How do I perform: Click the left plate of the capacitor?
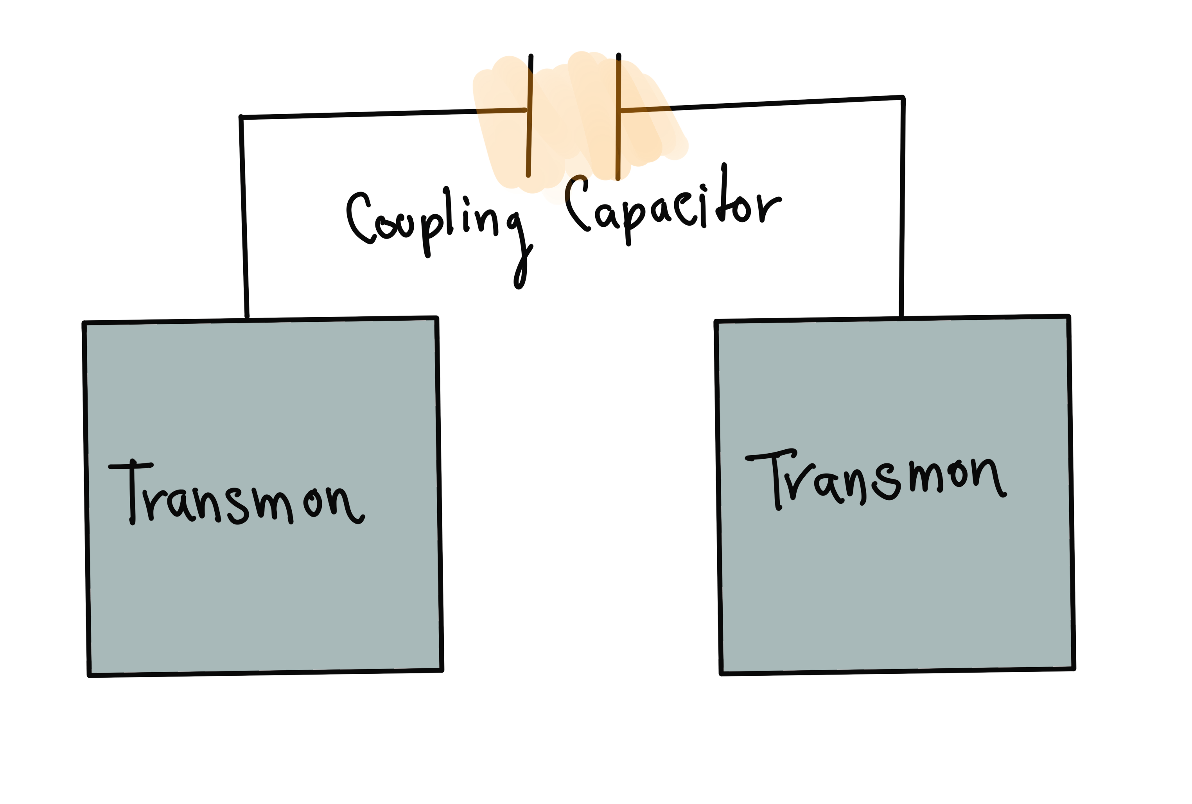[x=530, y=115]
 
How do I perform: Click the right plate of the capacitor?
[x=618, y=117]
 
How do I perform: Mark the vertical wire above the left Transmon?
[x=244, y=218]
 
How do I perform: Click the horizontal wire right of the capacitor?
[x=761, y=104]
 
